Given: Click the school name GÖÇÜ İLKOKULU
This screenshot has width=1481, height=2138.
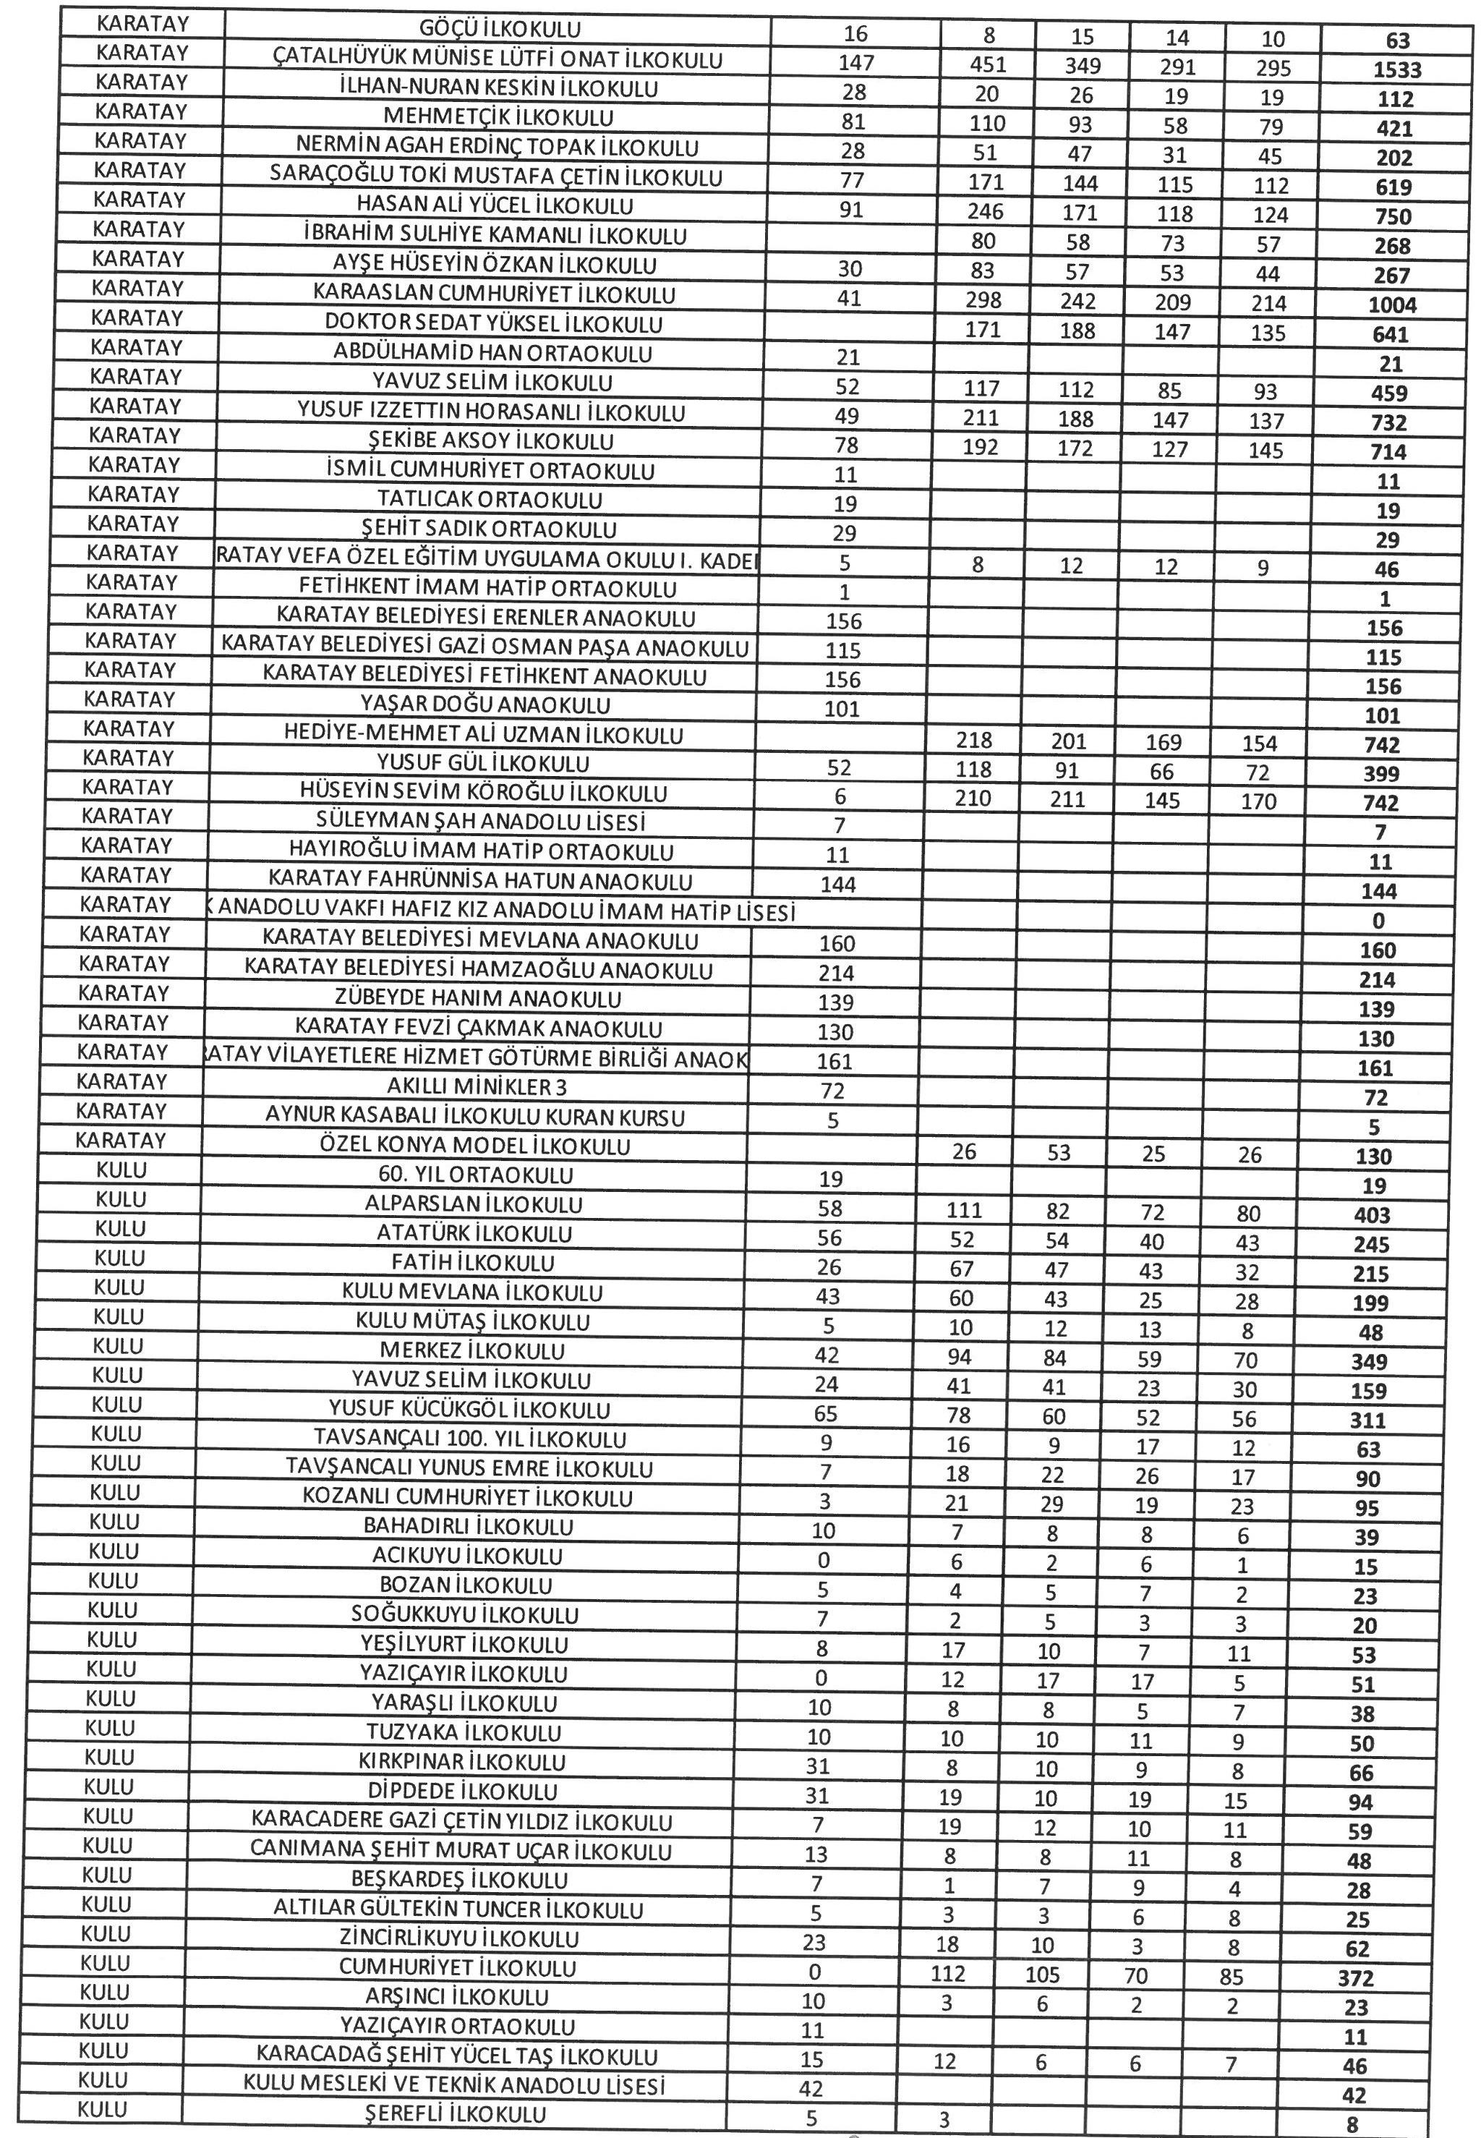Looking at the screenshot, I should tap(500, 30).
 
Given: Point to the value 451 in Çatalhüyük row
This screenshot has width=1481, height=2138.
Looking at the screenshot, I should tap(987, 64).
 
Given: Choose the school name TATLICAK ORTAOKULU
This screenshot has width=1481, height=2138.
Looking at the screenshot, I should tap(490, 501).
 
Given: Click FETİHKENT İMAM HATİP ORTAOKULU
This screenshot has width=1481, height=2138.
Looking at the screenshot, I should tap(487, 588).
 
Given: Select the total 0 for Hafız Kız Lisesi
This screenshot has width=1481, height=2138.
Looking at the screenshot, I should tap(1378, 921).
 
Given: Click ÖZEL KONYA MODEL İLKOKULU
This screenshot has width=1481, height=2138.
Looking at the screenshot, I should tap(474, 1146).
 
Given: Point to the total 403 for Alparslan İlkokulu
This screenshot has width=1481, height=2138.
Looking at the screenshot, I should tap(1372, 1216).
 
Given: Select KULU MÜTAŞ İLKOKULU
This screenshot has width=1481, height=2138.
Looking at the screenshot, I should tap(472, 1321).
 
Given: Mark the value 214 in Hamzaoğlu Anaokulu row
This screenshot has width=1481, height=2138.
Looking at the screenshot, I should tap(837, 974).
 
